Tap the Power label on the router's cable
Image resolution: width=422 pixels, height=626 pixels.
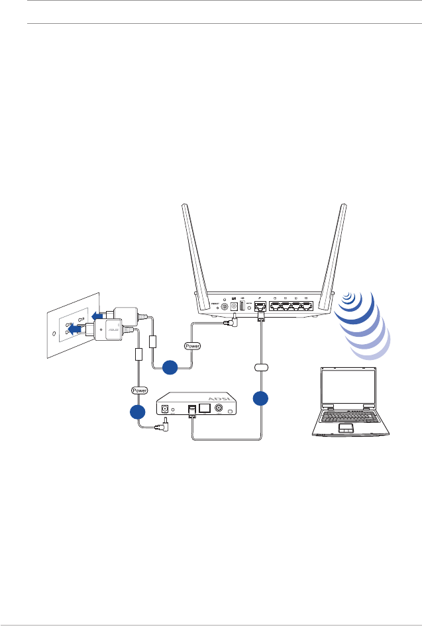pos(193,345)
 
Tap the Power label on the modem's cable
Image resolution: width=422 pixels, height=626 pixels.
pos(139,390)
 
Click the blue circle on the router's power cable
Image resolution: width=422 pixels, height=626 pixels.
pos(170,365)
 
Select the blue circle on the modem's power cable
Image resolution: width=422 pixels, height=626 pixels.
pos(138,412)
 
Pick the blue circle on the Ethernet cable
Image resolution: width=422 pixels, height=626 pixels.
pos(260,398)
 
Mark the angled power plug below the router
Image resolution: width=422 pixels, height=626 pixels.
pos(232,323)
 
